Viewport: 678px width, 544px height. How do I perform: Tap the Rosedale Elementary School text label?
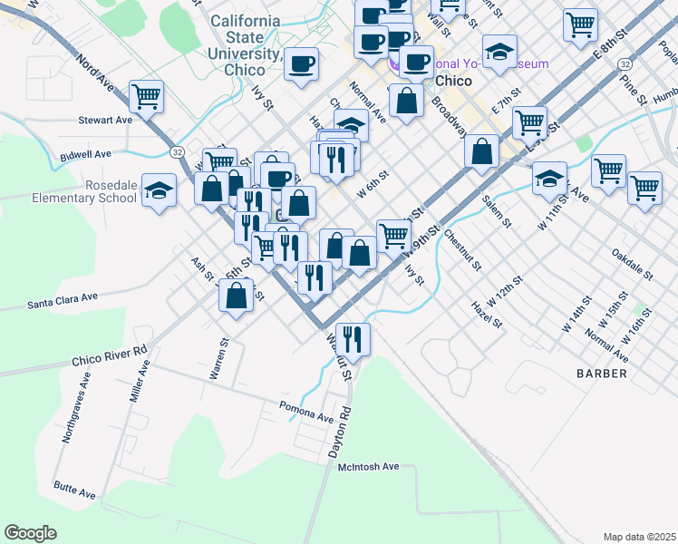(x=84, y=190)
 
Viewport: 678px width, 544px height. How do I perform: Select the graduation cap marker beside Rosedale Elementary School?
(x=160, y=190)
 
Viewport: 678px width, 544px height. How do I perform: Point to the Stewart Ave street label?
(x=105, y=120)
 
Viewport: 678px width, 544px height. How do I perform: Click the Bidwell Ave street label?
(x=83, y=157)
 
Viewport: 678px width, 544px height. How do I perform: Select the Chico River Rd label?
(x=110, y=355)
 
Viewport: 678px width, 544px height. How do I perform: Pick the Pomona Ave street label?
(x=306, y=411)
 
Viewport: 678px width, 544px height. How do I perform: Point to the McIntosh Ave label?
(x=368, y=467)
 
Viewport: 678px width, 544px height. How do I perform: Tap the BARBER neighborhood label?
(x=601, y=374)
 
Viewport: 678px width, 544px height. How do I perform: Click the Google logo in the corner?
(x=30, y=532)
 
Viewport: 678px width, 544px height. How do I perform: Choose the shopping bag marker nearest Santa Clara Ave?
(x=237, y=296)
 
